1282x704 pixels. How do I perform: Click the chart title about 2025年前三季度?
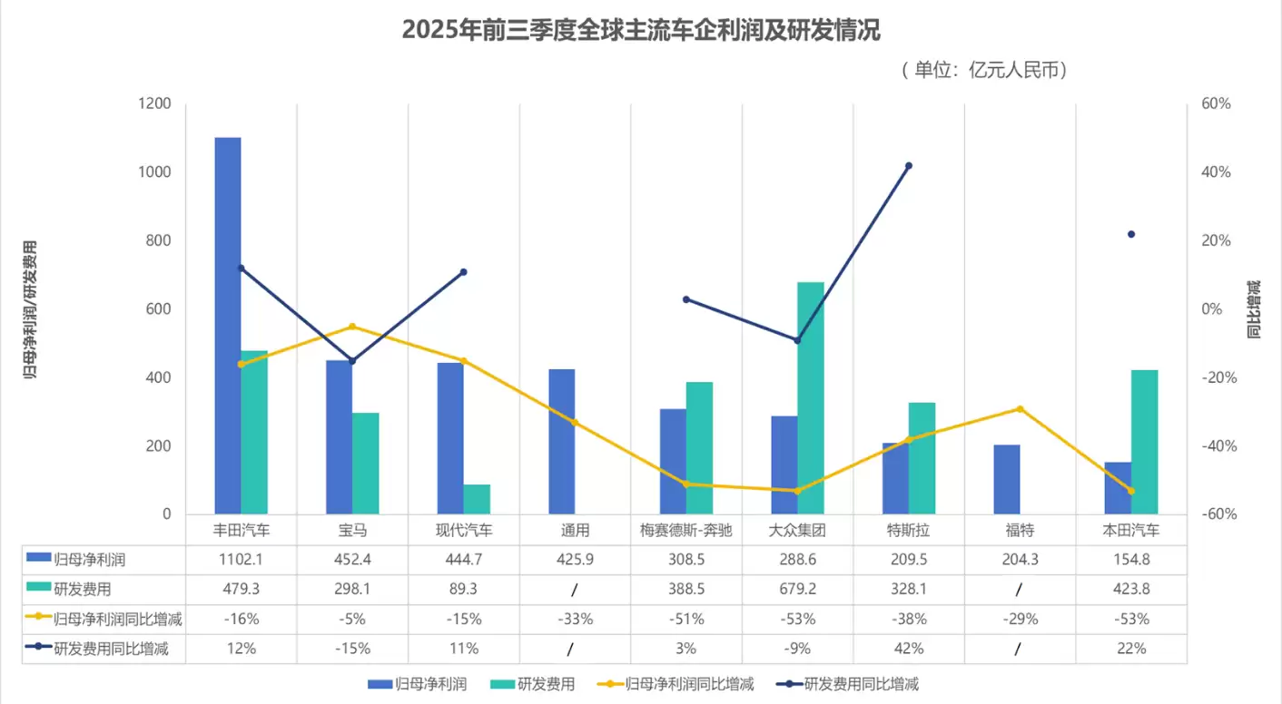click(641, 30)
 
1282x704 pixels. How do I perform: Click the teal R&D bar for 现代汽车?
click(477, 499)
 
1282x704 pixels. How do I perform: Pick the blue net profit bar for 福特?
click(1007, 479)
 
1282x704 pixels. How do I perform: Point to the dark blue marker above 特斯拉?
click(909, 166)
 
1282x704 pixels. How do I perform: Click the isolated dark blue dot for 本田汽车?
click(1131, 234)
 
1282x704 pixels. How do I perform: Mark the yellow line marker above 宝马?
click(352, 327)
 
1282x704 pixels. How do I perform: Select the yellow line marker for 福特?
click(1020, 409)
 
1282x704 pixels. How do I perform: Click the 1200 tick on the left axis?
click(155, 104)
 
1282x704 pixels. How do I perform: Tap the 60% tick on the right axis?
click(1216, 104)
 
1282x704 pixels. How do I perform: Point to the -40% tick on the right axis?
click(1216, 446)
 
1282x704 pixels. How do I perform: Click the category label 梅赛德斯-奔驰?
click(685, 530)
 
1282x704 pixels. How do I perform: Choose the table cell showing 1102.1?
click(241, 560)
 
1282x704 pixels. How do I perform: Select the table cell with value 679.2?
click(797, 590)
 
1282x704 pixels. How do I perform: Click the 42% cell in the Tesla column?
click(908, 649)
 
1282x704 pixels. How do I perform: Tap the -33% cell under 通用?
click(575, 620)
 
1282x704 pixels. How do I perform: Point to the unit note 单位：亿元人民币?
click(984, 70)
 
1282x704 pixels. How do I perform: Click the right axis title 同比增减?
click(1255, 308)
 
